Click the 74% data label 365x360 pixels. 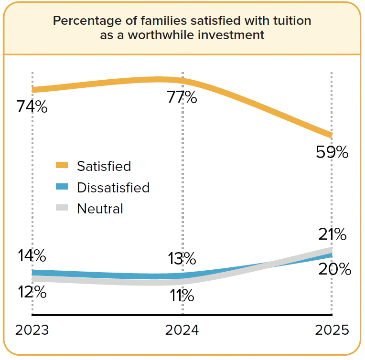pos(32,107)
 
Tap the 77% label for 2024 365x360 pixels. pos(182,97)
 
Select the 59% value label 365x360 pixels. pos(332,152)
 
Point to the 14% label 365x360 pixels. pos(32,255)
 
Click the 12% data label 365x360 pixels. pos(32,292)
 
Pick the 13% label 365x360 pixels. pos(182,258)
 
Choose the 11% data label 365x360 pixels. pos(182,296)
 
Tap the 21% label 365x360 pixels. pos(333,234)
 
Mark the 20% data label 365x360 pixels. pos(335,269)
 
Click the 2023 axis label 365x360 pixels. pos(32,330)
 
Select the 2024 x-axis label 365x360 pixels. pos(182,330)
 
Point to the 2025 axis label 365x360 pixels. pos(332,330)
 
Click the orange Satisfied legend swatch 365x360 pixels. pos(62,165)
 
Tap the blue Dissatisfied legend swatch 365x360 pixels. pos(62,186)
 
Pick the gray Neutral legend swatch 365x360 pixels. pos(62,207)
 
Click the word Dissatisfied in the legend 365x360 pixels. pos(113,188)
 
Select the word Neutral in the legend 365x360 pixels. pos(100,209)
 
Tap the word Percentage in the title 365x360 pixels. pos(87,21)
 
